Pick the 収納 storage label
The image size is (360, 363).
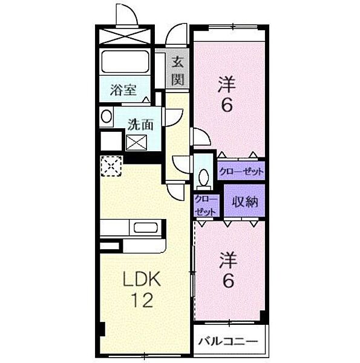click(245, 202)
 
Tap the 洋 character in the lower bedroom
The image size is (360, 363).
click(227, 259)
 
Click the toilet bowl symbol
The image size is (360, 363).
click(204, 178)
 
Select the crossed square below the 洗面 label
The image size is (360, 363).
click(135, 143)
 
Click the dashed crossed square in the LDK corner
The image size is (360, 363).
click(112, 165)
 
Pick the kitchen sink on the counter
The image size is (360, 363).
click(146, 228)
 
